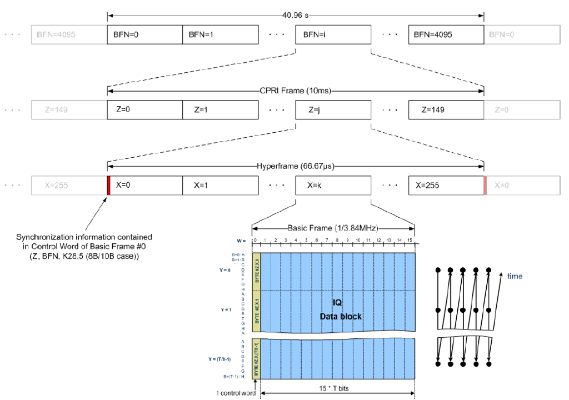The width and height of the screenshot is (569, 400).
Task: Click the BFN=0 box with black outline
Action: click(144, 34)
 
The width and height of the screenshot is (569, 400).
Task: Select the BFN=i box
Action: click(333, 34)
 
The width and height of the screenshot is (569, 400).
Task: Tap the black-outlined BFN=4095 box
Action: click(446, 34)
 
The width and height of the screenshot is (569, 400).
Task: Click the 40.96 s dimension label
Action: click(295, 14)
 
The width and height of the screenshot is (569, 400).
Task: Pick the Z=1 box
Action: click(220, 109)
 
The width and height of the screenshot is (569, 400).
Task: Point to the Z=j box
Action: click(333, 109)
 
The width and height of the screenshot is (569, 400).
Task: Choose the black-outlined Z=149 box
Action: click(446, 109)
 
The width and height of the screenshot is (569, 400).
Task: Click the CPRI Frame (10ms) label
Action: click(295, 90)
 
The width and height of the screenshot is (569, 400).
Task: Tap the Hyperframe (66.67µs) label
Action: click(295, 166)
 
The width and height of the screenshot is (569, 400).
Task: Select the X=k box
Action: click(333, 185)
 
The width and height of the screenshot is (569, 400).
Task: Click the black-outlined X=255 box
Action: click(446, 185)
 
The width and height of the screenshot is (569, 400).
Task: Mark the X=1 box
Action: click(220, 185)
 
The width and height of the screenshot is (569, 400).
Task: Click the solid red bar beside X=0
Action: click(109, 185)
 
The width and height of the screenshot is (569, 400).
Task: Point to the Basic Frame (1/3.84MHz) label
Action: click(333, 228)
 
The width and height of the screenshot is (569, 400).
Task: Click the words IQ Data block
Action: click(340, 309)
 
